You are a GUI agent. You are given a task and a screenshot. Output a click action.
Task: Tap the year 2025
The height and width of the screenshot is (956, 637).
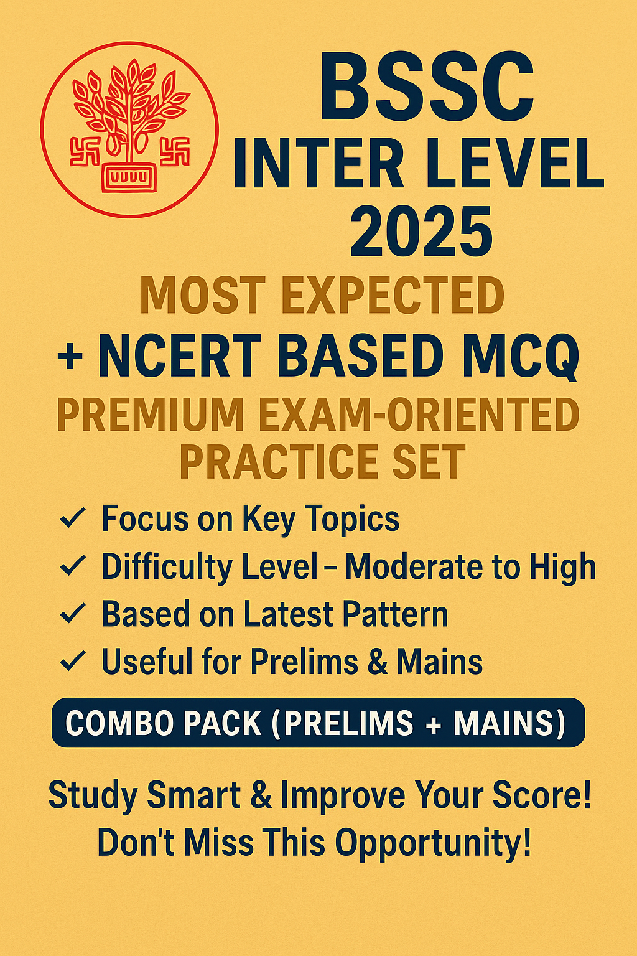pyautogui.click(x=421, y=231)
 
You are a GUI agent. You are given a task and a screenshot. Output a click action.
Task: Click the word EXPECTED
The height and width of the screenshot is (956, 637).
pyautogui.click(x=393, y=296)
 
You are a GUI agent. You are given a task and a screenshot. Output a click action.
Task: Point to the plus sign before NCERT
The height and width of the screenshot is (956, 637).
pyautogui.click(x=70, y=357)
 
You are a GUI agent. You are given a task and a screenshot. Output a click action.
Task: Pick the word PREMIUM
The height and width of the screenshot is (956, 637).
pyautogui.click(x=150, y=415)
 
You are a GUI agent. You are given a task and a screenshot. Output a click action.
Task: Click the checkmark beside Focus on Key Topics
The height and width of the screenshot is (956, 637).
pyautogui.click(x=73, y=519)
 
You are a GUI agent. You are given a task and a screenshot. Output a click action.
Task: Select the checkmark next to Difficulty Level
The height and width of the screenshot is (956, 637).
pyautogui.click(x=73, y=566)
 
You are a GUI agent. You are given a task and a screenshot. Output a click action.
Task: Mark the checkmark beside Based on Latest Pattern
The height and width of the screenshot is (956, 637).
pyautogui.click(x=73, y=613)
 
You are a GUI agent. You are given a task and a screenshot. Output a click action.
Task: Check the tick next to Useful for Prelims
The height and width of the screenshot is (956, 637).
pyautogui.click(x=73, y=660)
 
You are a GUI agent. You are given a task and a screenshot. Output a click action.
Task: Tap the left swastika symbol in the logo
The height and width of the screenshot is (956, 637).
pyautogui.click(x=85, y=151)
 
